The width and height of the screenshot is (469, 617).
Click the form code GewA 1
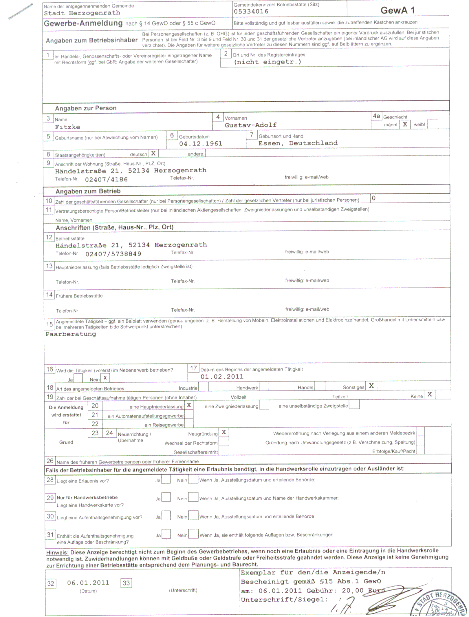[397, 10]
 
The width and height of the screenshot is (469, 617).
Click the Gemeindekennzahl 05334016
[251, 12]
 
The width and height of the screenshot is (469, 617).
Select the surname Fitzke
[67, 127]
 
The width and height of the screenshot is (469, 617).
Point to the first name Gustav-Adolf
[251, 125]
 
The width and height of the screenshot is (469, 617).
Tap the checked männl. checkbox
[405, 125]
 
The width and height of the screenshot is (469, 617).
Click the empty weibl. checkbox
[433, 125]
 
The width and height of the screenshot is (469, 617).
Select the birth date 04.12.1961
[201, 144]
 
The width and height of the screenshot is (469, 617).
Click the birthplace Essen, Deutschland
[298, 143]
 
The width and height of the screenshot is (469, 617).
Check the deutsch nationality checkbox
[153, 154]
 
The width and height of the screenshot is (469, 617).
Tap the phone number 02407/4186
[106, 180]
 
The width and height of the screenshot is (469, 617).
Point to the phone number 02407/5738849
[113, 254]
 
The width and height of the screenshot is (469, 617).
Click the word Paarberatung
[71, 334]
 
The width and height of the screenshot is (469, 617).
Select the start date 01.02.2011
[222, 377]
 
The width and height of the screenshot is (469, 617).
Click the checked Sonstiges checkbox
[371, 386]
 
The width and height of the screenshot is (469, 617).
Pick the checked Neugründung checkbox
[224, 432]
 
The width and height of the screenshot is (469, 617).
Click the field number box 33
[126, 583]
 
